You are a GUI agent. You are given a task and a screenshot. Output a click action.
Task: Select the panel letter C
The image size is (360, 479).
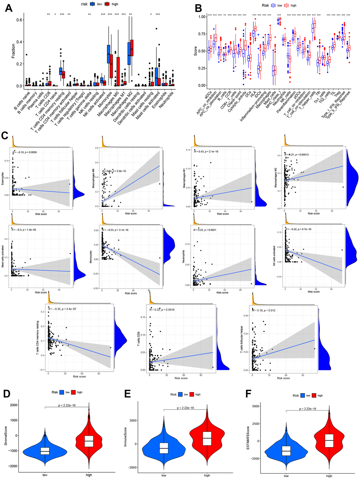coord(5,135)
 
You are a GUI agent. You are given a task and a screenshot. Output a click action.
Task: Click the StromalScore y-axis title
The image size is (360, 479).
coord(6,436)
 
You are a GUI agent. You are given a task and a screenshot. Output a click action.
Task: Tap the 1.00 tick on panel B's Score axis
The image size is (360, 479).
coord(202,17)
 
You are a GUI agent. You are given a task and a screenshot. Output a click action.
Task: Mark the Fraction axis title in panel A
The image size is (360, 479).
coord(13,51)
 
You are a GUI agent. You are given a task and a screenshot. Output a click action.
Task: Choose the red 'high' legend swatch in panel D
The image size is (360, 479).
coord(74,392)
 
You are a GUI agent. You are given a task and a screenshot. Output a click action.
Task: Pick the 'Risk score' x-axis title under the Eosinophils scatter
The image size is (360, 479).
coord(41,214)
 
